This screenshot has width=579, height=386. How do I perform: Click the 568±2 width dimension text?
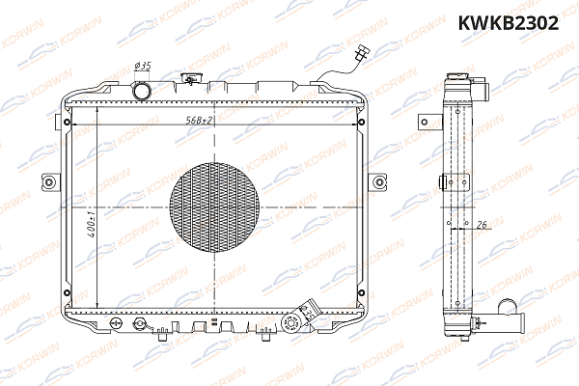tap(200, 119)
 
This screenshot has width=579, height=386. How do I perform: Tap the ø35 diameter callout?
tap(143, 66)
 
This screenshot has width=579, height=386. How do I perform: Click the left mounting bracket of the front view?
tap(49, 181)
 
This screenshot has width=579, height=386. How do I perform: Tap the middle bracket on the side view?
tap(445, 181)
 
